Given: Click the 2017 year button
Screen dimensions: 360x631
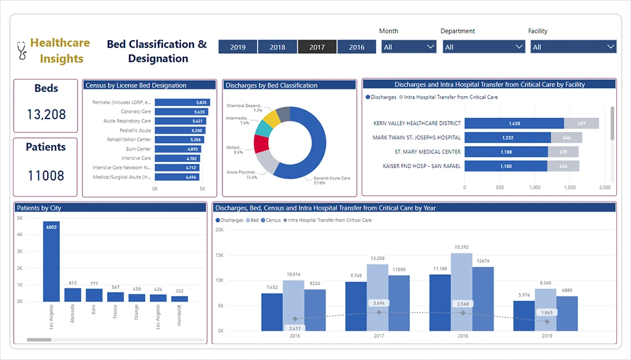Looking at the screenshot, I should (x=317, y=47).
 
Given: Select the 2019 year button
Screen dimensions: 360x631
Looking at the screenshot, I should (x=238, y=47).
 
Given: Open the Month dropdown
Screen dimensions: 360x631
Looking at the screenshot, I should (x=409, y=47).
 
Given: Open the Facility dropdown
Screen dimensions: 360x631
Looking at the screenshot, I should (x=573, y=47).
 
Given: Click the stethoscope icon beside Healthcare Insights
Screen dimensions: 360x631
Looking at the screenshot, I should (x=22, y=50).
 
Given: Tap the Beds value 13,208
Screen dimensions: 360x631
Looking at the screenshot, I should (x=46, y=114).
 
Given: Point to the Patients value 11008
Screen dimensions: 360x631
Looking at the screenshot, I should (x=46, y=175).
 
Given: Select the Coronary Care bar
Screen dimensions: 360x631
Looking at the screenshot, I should (x=181, y=112).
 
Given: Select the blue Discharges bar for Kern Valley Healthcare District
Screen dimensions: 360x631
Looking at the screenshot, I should (x=514, y=123).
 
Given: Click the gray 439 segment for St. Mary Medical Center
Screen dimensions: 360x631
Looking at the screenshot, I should (x=563, y=152).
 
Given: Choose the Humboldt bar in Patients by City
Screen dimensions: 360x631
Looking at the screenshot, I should (x=179, y=298).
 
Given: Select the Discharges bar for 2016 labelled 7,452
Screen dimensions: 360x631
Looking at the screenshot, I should (x=272, y=310).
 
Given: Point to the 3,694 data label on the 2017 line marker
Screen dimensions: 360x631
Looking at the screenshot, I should (x=380, y=303).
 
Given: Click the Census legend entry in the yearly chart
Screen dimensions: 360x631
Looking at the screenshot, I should (x=271, y=220).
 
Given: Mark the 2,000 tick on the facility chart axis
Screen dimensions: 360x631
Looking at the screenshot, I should (x=605, y=187).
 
